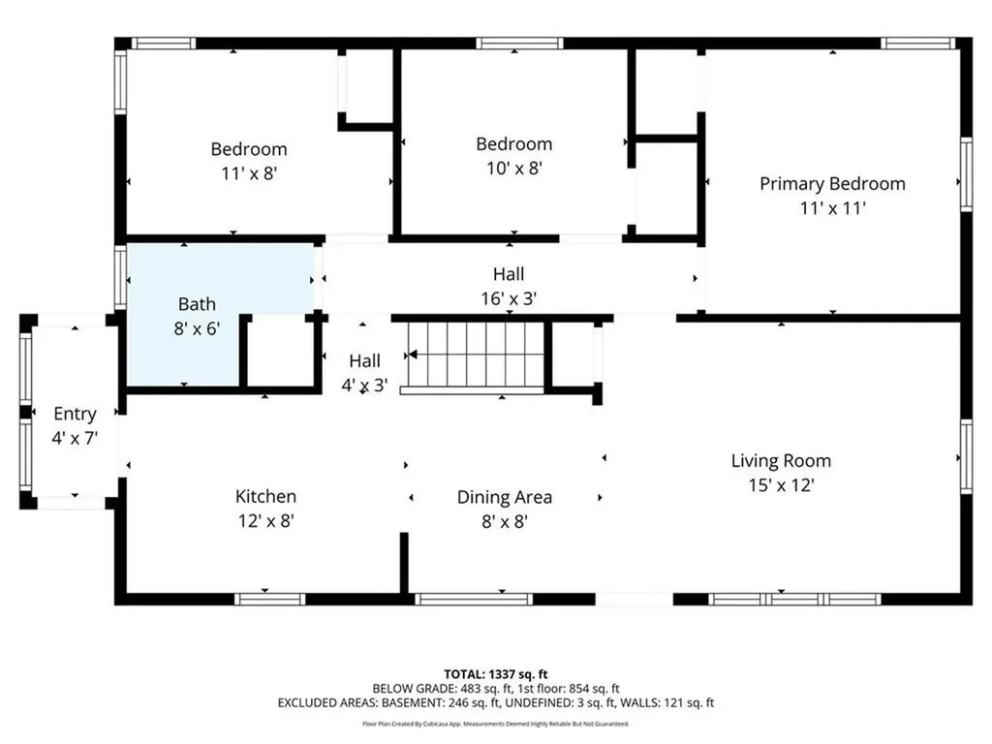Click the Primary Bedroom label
pos(832,183)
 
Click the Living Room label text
pos(781,461)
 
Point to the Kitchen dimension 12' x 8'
pos(265,520)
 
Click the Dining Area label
pos(505,497)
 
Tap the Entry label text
pos(75,414)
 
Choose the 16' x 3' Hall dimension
pos(509,299)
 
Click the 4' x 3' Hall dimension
pos(365,385)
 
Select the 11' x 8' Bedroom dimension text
pos(249,173)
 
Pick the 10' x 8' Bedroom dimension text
pos(513,168)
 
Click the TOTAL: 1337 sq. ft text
pos(496,672)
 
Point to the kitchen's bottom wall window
pos(270,599)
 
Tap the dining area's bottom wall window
pos(474,599)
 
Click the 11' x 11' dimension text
pos(832,207)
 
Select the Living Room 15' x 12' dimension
pos(781,485)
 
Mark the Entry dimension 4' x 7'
pos(75,438)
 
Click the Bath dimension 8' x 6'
pos(197,328)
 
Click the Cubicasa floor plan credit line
pos(496,724)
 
